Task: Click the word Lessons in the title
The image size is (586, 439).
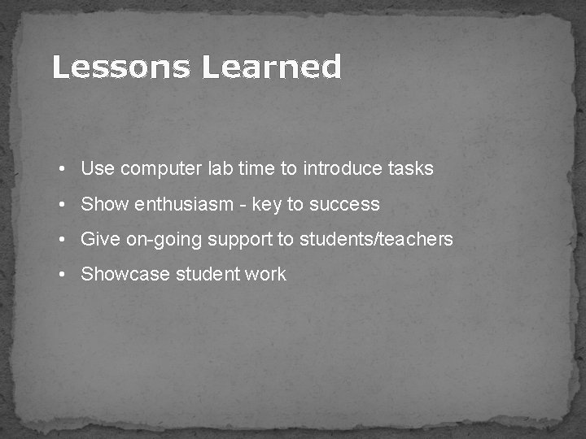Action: tap(122, 67)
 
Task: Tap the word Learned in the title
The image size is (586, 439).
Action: tap(271, 67)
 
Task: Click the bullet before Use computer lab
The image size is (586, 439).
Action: tap(62, 169)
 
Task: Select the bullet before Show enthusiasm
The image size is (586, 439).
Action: tap(62, 205)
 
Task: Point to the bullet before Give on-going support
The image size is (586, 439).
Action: tap(62, 240)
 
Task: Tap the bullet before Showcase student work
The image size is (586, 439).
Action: tap(62, 275)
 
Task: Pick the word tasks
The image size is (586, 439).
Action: tap(411, 169)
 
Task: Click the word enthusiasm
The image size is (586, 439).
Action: tap(183, 205)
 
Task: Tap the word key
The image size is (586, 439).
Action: tap(266, 205)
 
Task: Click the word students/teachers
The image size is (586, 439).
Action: tap(376, 240)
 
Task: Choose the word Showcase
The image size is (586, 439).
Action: tap(126, 275)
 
